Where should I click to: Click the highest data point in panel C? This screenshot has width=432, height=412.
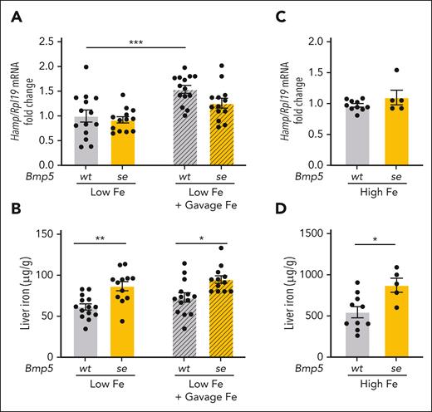point(397,71)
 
